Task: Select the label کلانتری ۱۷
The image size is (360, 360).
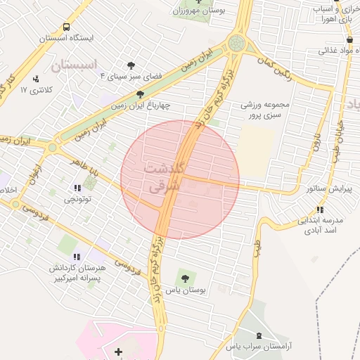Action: point(33,90)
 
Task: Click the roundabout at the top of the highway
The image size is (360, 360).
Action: point(238,43)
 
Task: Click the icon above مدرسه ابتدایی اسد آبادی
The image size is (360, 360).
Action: point(320,210)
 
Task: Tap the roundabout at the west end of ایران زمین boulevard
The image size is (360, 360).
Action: point(51,148)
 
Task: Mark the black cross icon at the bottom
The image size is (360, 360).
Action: point(118,351)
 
